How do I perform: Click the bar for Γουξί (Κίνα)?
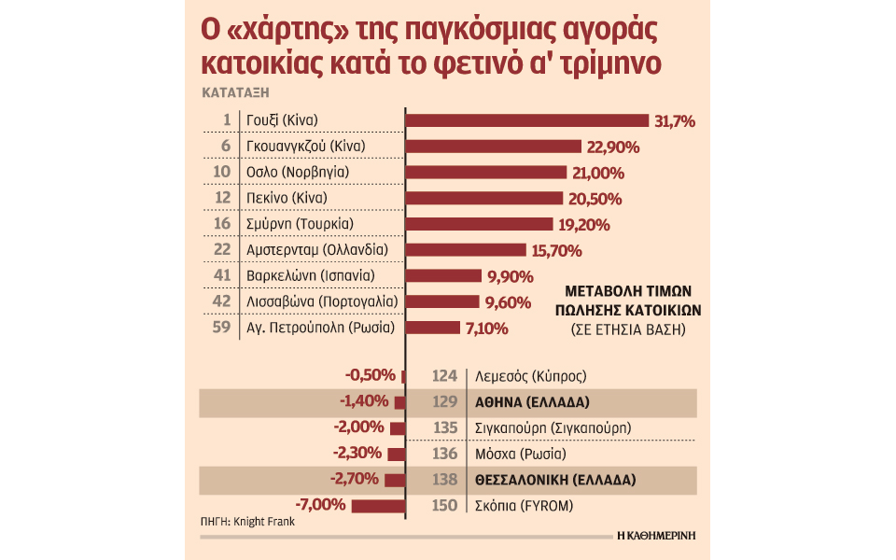pos(527,120)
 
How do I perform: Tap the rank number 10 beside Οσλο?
pos(222,173)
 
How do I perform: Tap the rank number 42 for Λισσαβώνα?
pos(221,302)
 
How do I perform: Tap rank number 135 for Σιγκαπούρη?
pos(445,428)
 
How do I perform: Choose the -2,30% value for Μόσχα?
pos(358,454)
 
